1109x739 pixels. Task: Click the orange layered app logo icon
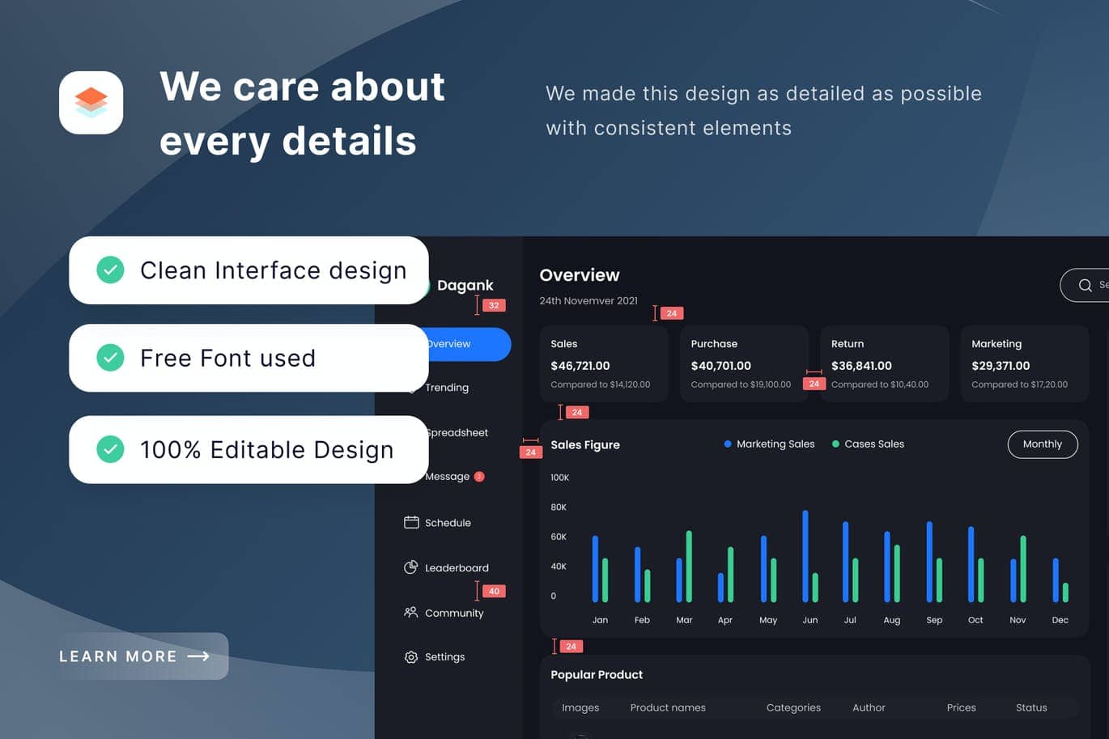pyautogui.click(x=91, y=103)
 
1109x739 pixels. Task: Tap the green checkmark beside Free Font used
pyautogui.click(x=110, y=358)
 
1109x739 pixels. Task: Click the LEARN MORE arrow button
pyautogui.click(x=143, y=656)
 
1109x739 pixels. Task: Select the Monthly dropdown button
pyautogui.click(x=1043, y=444)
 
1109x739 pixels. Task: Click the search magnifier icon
pyautogui.click(x=1085, y=285)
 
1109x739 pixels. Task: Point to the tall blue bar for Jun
pyautogui.click(x=805, y=556)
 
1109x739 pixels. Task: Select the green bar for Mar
pyautogui.click(x=689, y=567)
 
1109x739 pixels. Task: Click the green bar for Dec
pyautogui.click(x=1065, y=592)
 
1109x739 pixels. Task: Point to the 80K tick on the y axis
pyautogui.click(x=559, y=507)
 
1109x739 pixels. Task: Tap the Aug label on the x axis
pyautogui.click(x=892, y=620)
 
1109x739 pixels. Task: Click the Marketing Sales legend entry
pyautogui.click(x=769, y=444)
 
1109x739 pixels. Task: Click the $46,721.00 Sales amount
pyautogui.click(x=580, y=366)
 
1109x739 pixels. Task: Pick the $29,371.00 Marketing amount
pyautogui.click(x=1001, y=366)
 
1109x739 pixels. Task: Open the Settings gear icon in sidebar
pyautogui.click(x=411, y=656)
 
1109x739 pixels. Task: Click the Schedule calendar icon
pyautogui.click(x=411, y=522)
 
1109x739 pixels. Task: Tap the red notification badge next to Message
pyautogui.click(x=478, y=476)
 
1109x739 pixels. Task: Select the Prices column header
pyautogui.click(x=962, y=707)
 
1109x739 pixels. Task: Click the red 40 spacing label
pyautogui.click(x=494, y=591)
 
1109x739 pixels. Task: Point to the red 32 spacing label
pyautogui.click(x=494, y=305)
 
